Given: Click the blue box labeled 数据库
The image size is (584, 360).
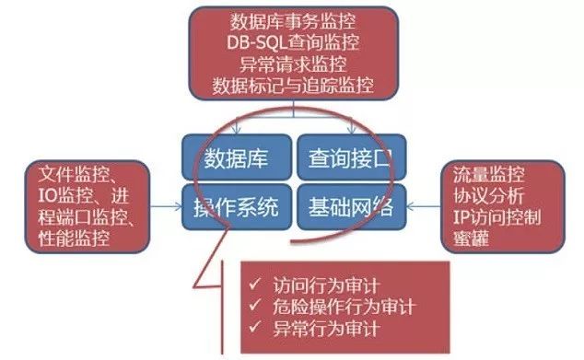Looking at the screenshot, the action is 236,157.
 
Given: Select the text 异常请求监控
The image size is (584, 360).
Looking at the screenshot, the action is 294,65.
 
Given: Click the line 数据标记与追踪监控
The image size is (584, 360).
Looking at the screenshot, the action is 294,86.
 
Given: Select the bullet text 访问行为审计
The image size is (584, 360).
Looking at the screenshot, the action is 321,284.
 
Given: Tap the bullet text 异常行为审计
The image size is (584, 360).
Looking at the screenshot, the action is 321,329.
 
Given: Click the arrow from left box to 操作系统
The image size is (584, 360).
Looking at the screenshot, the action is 166,206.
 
